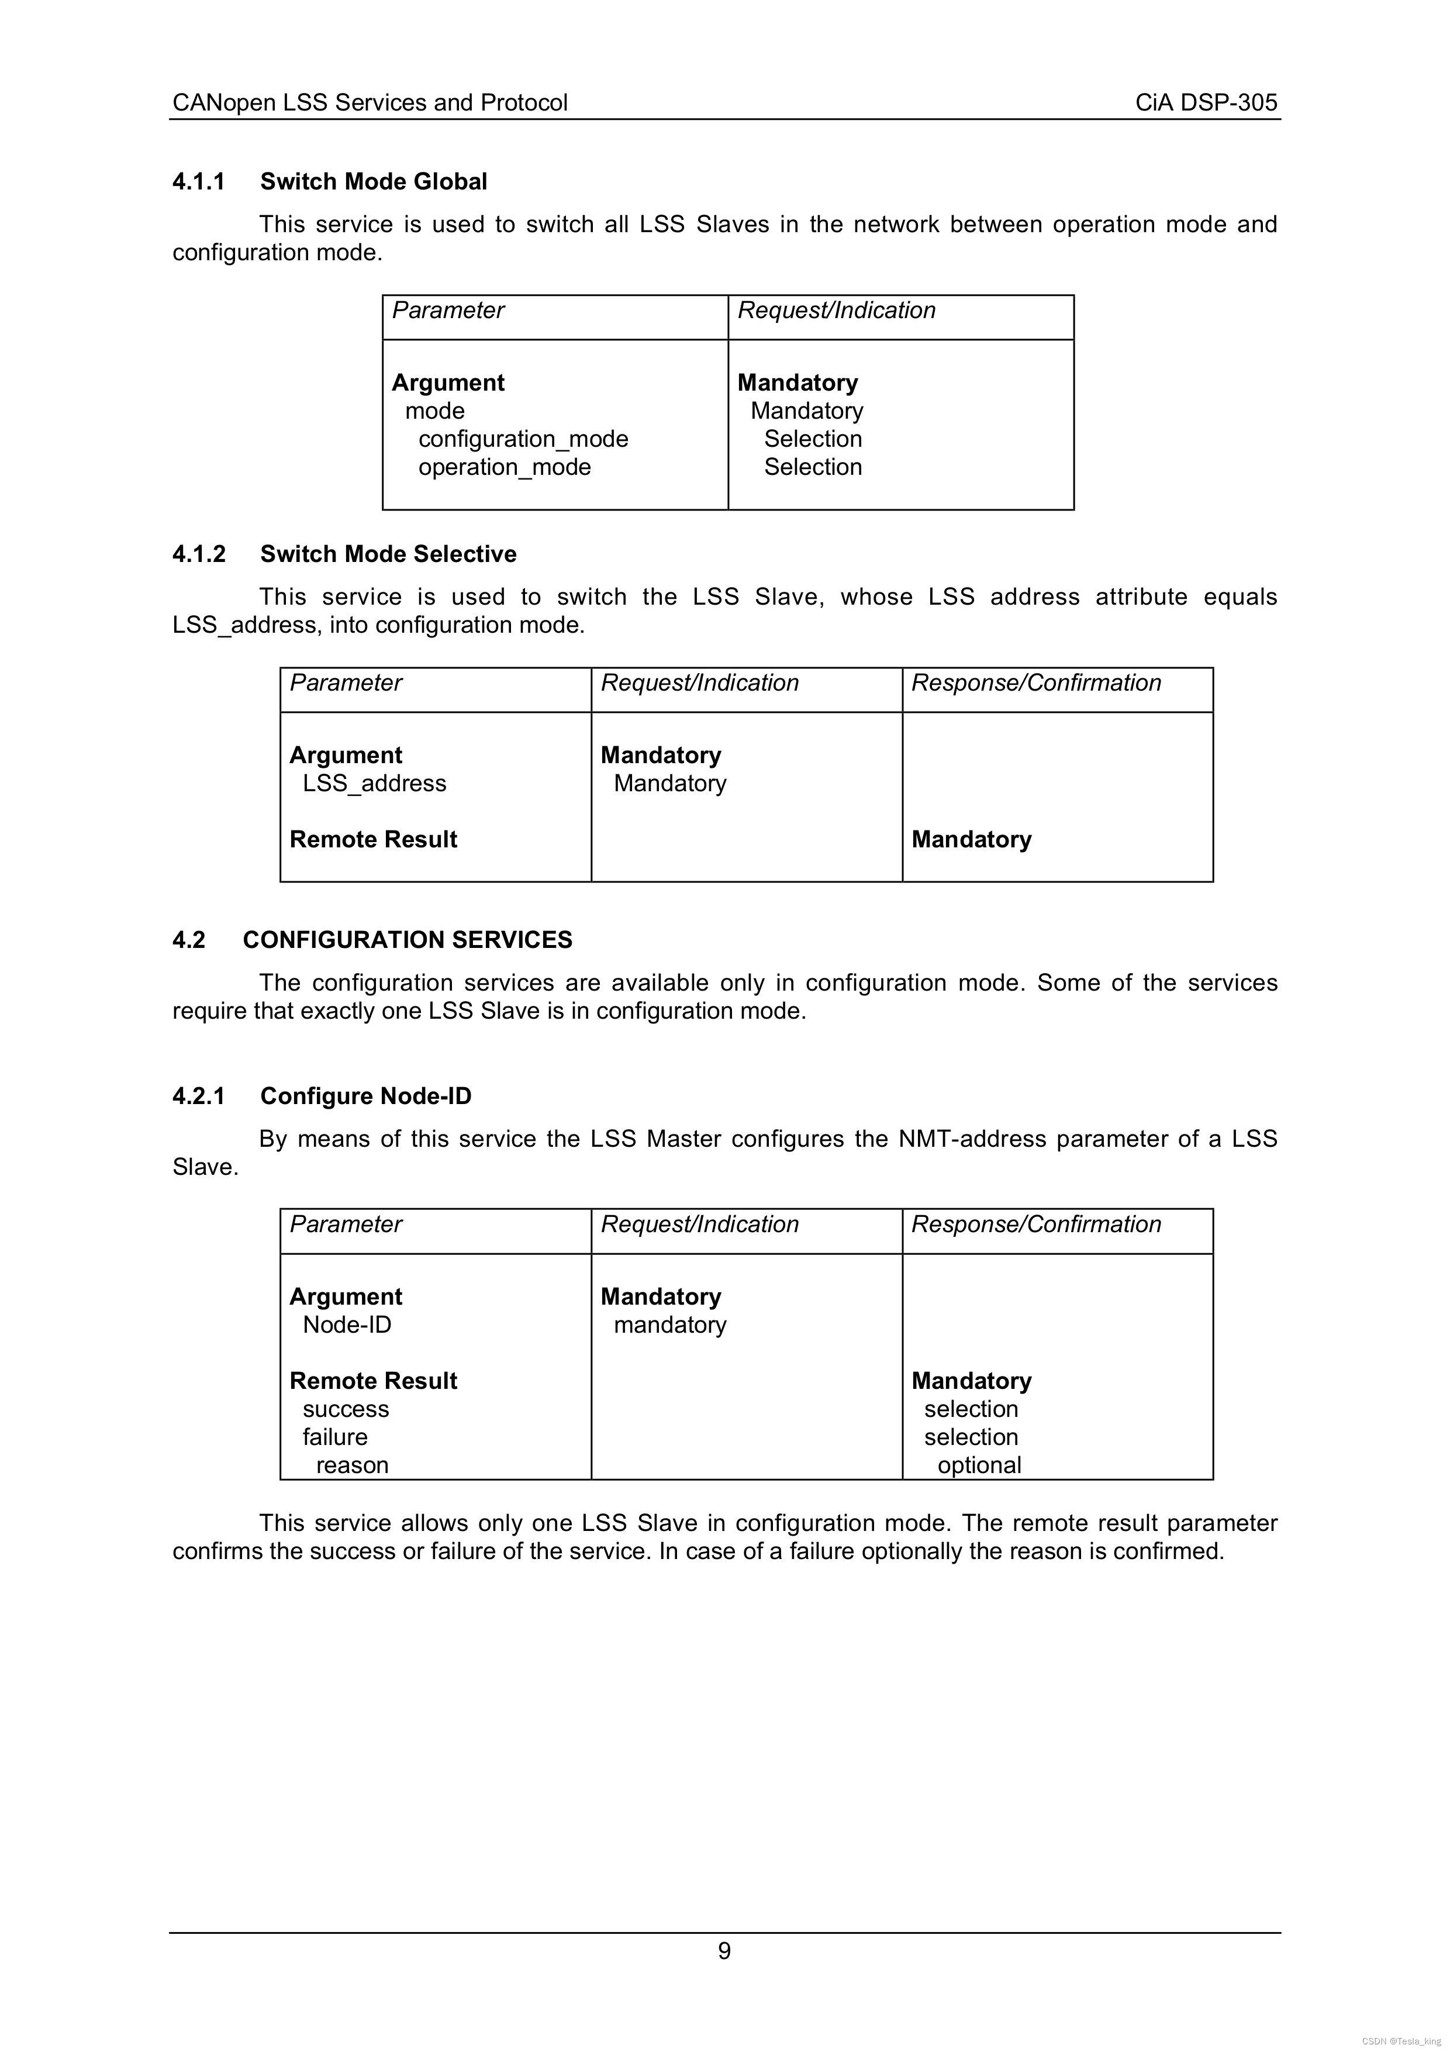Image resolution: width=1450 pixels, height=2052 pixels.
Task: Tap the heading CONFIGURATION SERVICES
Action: [x=408, y=940]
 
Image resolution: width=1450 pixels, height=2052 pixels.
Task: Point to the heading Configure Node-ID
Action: [x=365, y=1096]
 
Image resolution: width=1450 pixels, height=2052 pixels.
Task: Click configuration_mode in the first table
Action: [x=523, y=439]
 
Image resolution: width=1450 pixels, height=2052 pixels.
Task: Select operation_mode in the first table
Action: [x=504, y=467]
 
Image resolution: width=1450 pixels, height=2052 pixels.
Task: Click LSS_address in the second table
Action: [x=374, y=784]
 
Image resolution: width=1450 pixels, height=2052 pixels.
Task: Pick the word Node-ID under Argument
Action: [x=347, y=1325]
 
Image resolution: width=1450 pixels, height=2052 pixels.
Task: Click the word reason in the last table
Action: [x=352, y=1465]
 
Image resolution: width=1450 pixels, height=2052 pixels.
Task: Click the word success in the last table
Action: [x=346, y=1409]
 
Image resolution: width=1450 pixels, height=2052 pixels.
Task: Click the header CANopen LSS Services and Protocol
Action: [x=370, y=103]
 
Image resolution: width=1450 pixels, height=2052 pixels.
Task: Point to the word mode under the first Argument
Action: [x=434, y=411]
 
